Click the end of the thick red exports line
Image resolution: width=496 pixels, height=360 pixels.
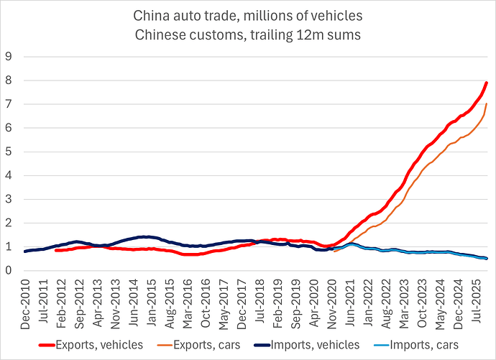tap(487, 83)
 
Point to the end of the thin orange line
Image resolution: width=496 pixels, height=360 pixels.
tap(487, 104)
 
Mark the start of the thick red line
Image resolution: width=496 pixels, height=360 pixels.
tap(56, 250)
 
